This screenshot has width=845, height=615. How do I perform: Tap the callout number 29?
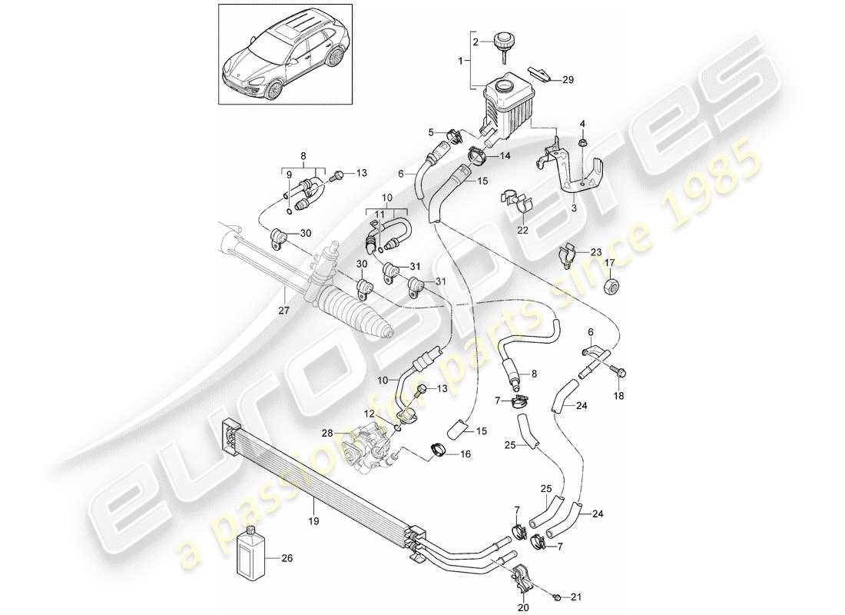click(568, 79)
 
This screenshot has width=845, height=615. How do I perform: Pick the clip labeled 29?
click(544, 74)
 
